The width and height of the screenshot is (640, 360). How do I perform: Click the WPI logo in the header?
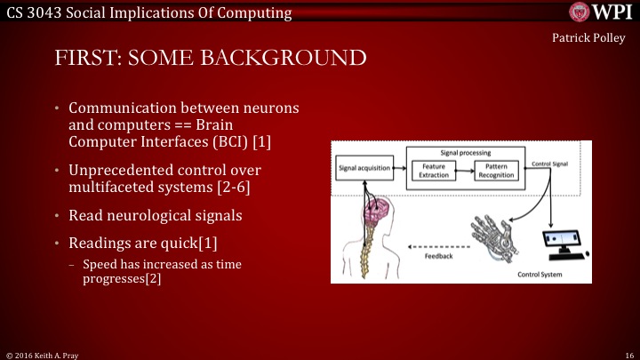pos(604,11)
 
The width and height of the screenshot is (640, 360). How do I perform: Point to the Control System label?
pos(540,274)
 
